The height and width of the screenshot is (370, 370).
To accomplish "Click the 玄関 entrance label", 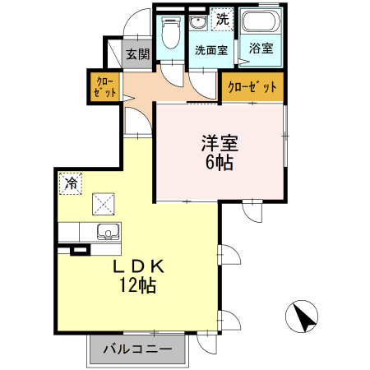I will (137, 55).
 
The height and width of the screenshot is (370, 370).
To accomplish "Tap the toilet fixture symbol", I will (171, 33).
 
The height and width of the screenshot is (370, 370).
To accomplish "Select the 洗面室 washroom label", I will (210, 49).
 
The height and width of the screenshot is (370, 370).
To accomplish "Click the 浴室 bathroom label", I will (261, 49).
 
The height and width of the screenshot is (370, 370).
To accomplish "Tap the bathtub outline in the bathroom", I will (261, 23).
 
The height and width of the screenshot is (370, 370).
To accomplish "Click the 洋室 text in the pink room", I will (220, 141).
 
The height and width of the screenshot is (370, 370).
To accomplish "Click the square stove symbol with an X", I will (104, 202).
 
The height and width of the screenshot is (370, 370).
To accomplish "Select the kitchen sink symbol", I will (104, 231).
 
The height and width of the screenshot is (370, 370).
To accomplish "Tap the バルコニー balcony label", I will (138, 349).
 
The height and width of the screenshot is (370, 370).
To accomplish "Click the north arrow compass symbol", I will (303, 316).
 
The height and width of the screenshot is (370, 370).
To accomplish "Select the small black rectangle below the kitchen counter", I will (79, 249).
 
